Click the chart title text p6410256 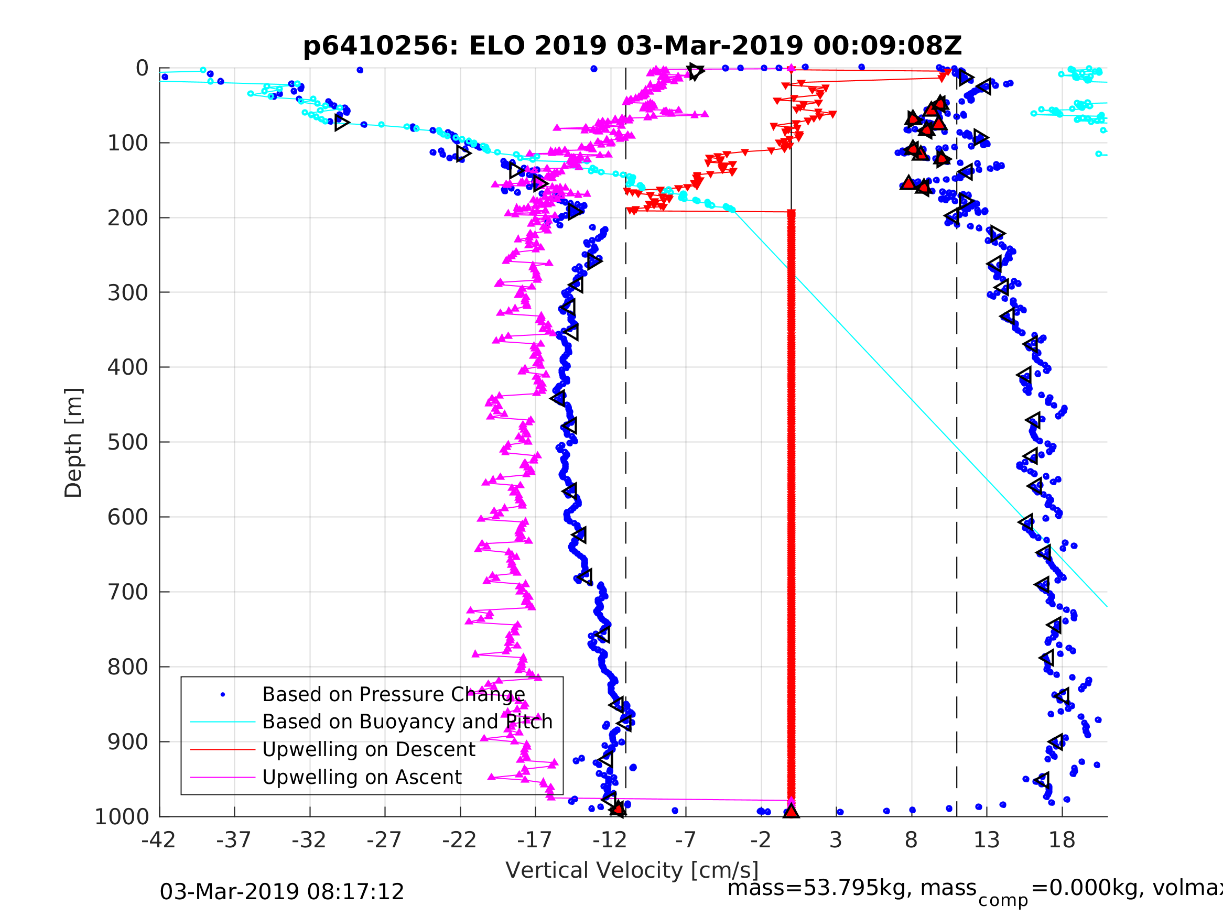[381, 47]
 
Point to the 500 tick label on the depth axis [128, 443]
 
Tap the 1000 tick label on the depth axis [122, 817]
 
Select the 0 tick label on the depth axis [142, 69]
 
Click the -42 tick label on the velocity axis [159, 840]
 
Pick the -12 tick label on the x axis [610, 840]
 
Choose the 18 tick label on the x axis [1062, 840]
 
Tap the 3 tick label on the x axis [836, 840]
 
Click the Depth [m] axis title [73, 443]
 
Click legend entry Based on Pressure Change [393, 694]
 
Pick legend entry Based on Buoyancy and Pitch [407, 722]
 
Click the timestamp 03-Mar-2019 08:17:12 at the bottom [282, 892]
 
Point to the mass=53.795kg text [851, 888]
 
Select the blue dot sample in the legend [223, 694]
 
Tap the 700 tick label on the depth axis [128, 592]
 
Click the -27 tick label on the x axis [384, 840]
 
